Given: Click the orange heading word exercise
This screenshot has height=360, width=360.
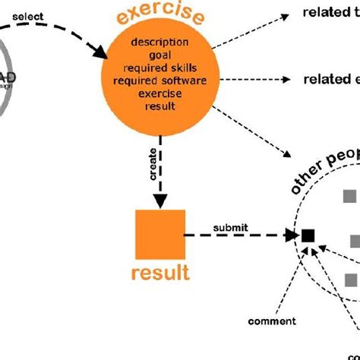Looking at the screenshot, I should point(159,14).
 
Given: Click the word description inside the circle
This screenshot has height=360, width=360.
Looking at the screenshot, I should point(159,40).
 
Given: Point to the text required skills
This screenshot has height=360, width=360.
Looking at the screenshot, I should point(159,67).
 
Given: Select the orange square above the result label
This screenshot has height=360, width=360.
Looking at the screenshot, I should point(160,233).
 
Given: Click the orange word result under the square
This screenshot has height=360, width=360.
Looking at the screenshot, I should point(160,272).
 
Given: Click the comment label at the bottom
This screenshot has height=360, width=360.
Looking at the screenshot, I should point(271,321).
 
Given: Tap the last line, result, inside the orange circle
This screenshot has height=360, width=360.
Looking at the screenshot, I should point(159,106).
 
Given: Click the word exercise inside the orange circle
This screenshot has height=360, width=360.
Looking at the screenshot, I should point(159,93).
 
